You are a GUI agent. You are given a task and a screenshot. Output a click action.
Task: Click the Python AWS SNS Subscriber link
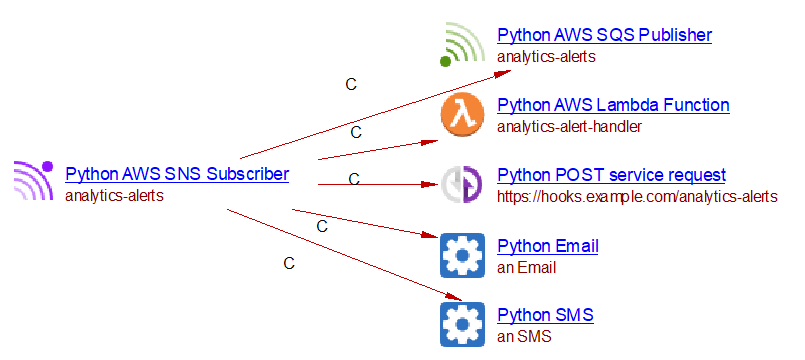click(x=177, y=174)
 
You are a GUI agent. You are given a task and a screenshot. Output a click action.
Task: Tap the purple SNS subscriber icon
click(x=34, y=180)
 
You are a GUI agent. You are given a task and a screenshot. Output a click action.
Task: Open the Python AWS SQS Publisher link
click(x=604, y=35)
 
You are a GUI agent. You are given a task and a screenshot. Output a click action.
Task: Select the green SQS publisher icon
click(x=462, y=45)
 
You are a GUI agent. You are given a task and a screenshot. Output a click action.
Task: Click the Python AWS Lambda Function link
click(x=614, y=105)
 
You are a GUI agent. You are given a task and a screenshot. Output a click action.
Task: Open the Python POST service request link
click(x=611, y=175)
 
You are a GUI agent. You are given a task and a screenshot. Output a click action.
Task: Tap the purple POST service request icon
click(x=462, y=184)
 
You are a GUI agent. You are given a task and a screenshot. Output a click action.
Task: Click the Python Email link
click(x=548, y=246)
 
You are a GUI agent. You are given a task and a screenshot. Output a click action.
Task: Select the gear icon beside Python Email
click(x=462, y=255)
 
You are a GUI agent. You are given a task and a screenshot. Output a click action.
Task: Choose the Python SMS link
click(x=545, y=314)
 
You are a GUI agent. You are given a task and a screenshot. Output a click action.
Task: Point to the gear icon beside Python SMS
click(x=462, y=325)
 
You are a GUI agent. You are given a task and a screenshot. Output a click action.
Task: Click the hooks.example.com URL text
click(x=637, y=197)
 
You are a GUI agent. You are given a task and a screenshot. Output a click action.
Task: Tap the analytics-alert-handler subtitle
click(x=569, y=126)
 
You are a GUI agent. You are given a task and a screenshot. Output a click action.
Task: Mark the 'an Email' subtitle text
click(x=527, y=268)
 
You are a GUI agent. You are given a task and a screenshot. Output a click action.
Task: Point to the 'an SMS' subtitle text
click(x=524, y=337)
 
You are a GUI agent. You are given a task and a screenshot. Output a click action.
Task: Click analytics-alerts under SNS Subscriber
click(x=114, y=196)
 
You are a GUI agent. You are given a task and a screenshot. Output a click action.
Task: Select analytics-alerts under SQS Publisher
click(x=546, y=56)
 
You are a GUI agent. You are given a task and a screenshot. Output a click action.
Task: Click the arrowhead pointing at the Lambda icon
click(x=430, y=142)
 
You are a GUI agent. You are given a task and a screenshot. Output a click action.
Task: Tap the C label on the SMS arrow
click(x=289, y=263)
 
